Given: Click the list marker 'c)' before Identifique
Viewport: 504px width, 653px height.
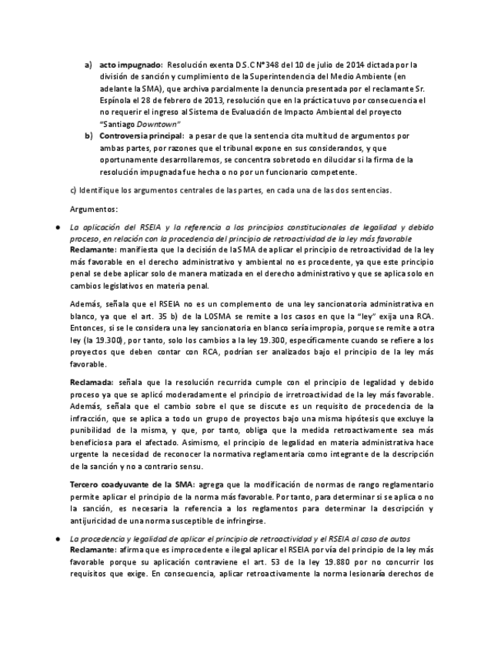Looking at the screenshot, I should (74, 189).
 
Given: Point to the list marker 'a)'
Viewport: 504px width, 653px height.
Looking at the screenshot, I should (88, 65).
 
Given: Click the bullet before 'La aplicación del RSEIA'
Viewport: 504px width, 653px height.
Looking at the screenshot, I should (55, 228).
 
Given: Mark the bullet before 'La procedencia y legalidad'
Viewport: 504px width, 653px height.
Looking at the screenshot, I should (55, 538).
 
